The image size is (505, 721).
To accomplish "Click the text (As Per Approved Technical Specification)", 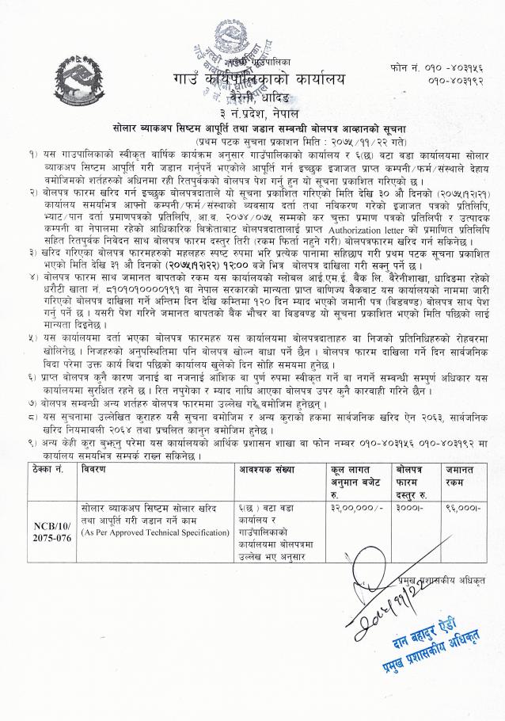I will pyautogui.click(x=155, y=532).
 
